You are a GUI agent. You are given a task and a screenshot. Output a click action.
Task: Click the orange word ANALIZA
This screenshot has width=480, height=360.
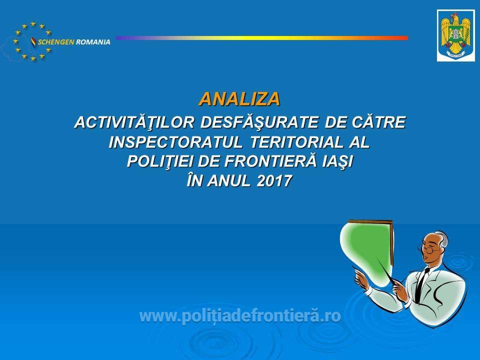239,99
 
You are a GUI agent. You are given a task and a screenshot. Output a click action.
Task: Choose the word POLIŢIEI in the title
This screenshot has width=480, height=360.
160,161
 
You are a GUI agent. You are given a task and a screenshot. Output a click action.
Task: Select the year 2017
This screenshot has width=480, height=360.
274,180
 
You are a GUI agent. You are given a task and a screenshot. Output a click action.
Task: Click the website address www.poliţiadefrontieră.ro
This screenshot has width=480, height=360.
240,315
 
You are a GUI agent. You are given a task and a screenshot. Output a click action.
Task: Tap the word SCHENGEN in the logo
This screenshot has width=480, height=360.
55,42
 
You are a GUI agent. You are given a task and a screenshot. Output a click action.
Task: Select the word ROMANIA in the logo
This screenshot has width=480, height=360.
93,42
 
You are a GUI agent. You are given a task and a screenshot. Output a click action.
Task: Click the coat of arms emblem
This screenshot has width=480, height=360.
456,35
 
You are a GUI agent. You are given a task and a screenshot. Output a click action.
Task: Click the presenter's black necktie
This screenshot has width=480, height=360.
421,284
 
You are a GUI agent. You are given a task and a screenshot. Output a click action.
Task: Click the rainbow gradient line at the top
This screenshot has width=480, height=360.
262,38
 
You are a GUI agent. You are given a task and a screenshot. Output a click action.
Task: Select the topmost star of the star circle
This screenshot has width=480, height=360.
33,23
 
